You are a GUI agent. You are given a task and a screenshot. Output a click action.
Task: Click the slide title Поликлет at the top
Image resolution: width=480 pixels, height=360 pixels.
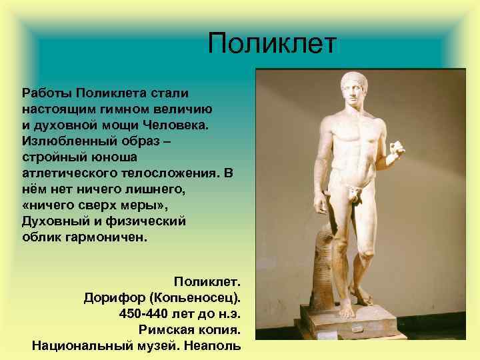[273, 45]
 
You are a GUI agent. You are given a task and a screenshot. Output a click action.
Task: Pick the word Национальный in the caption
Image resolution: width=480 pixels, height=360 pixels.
[73, 346]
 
